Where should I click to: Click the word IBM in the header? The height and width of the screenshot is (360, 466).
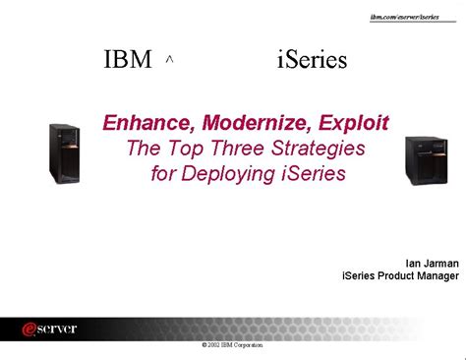click(x=128, y=60)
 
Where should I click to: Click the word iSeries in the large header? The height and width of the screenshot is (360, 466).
click(x=312, y=60)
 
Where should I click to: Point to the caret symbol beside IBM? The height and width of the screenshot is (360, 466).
click(x=170, y=60)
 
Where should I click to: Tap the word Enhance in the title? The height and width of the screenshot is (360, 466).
click(x=145, y=124)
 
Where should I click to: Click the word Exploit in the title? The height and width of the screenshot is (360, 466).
click(x=355, y=124)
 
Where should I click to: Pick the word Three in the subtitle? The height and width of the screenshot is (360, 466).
click(x=236, y=149)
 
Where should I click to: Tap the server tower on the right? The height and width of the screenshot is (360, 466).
click(x=426, y=161)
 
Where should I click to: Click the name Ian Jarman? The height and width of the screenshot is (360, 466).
click(x=432, y=263)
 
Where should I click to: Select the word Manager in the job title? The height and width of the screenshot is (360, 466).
click(x=437, y=276)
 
